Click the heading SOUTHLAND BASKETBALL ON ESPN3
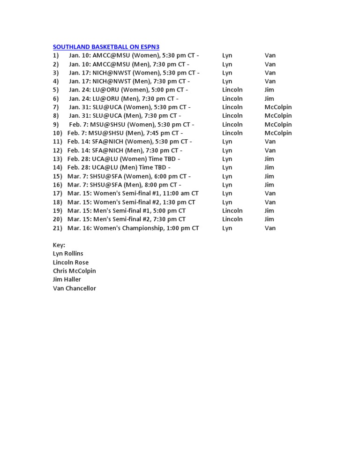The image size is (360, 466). coord(106,47)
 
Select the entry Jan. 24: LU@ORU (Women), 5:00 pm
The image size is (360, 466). coord(128,90)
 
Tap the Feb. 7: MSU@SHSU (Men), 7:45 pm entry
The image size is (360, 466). coord(125,133)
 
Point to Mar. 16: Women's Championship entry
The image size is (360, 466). coord(133,228)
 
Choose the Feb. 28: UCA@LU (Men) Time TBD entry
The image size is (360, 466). coord(119,168)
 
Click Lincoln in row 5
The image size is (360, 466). coord(232,90)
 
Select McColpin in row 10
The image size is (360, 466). coord(278,133)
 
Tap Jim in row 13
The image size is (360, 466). coord(269,159)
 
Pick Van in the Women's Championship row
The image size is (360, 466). coord(270,228)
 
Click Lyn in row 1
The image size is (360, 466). coord(227,55)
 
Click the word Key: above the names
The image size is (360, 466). coord(59,245)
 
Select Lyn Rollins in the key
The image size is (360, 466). coord(68,254)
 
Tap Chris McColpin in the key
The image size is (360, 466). coord(75,271)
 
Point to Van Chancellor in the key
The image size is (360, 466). coord(75,288)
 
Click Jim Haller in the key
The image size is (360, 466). coord(67,279)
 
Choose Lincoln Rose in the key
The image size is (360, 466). coord(71,263)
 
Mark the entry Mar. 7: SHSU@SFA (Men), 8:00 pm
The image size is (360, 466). coord(125,185)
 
